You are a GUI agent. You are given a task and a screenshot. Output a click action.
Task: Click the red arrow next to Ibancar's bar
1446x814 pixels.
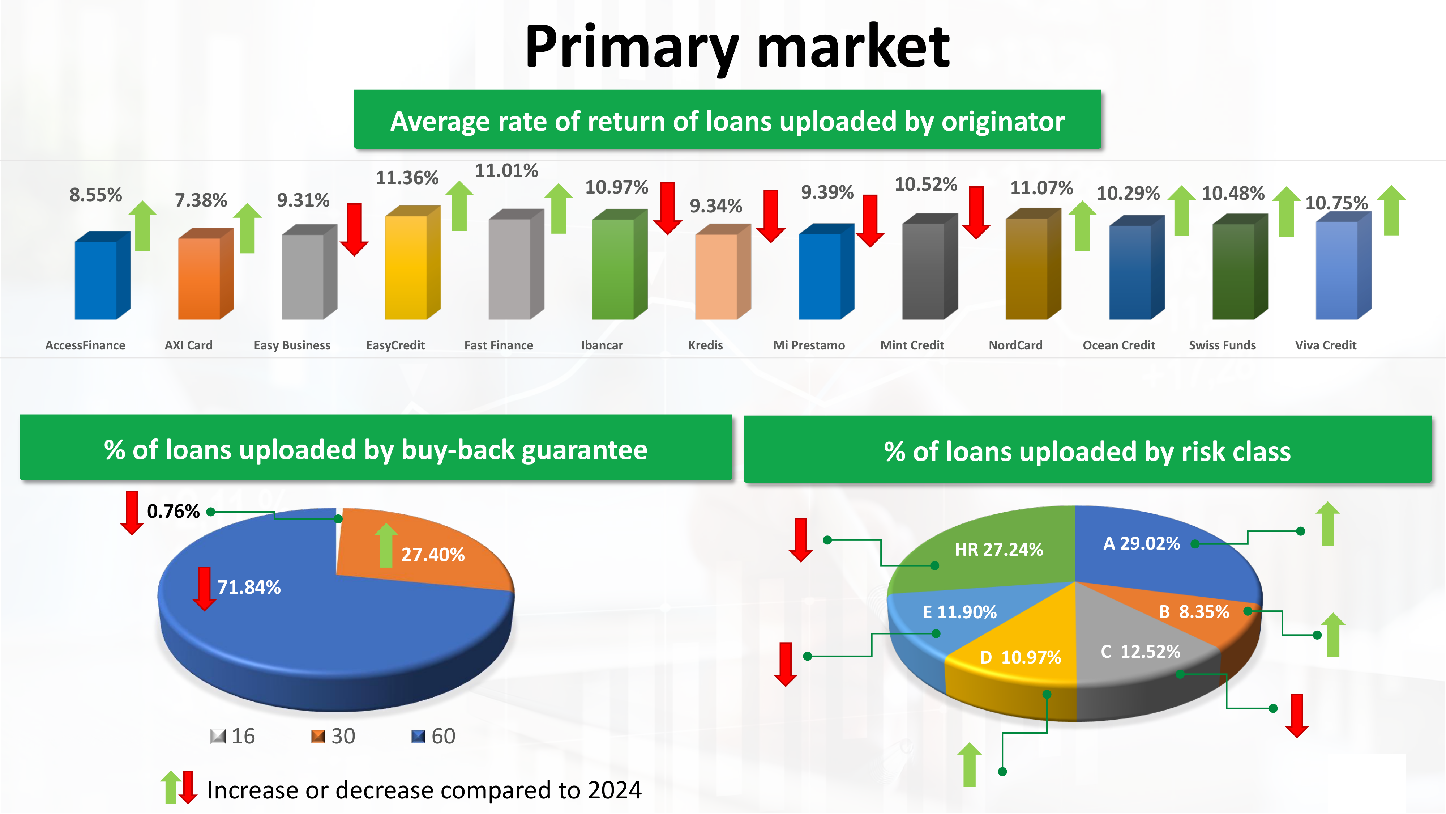pyautogui.click(x=667, y=208)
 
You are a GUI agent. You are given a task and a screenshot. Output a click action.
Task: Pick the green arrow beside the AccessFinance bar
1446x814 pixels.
pyautogui.click(x=142, y=225)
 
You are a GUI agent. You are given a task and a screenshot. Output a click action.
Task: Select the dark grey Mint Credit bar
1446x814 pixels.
pyautogui.click(x=929, y=266)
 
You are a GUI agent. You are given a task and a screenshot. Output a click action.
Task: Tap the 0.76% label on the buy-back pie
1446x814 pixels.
pyautogui.click(x=173, y=511)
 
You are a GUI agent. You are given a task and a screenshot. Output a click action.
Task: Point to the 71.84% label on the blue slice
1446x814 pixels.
pyautogui.click(x=249, y=587)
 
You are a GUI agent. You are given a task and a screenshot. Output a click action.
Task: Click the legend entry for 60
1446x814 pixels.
pyautogui.click(x=433, y=736)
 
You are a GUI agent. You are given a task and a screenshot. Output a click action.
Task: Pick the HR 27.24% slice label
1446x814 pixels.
pyautogui.click(x=998, y=550)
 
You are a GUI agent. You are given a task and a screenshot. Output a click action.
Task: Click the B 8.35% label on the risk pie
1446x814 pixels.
pyautogui.click(x=1194, y=612)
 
